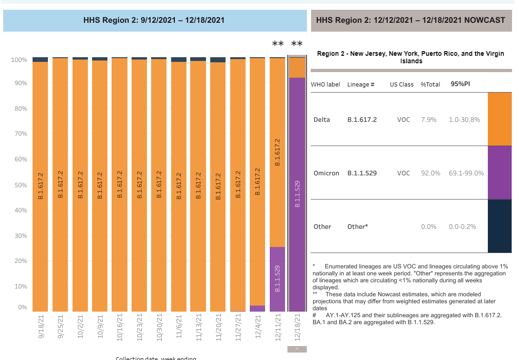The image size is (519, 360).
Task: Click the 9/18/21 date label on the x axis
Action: click(x=40, y=327)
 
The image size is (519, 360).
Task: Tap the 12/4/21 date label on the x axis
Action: click(x=257, y=327)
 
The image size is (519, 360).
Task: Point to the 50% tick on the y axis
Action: click(x=20, y=185)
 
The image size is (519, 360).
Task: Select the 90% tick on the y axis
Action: click(x=20, y=83)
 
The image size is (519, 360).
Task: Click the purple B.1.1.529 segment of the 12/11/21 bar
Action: click(x=277, y=279)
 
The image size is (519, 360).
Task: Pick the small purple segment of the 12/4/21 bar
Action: click(x=257, y=308)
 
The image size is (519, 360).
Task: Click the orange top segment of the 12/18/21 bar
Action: click(x=297, y=67)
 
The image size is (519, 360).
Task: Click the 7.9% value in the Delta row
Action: click(x=428, y=120)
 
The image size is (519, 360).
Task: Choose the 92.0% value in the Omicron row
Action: click(x=430, y=173)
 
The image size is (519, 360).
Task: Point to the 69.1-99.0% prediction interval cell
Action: click(x=466, y=173)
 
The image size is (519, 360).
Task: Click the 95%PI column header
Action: click(x=460, y=84)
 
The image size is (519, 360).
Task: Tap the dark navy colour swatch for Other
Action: click(x=499, y=226)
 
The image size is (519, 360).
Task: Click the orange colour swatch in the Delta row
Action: click(x=499, y=119)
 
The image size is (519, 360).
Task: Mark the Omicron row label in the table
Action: click(x=326, y=173)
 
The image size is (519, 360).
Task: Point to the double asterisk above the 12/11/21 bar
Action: click(x=278, y=44)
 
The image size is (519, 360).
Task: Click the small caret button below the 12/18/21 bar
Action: click(x=297, y=349)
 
